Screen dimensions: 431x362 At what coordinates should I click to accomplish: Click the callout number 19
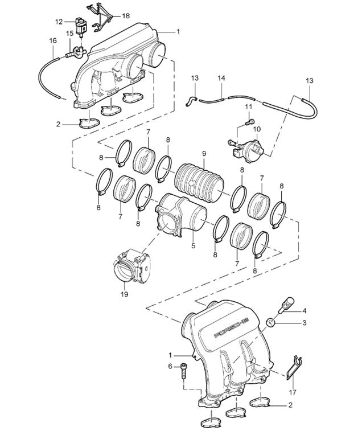[x=124, y=294]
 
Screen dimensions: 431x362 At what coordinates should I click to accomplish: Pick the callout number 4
[x=305, y=310]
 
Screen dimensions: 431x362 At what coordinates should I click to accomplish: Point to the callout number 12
[x=59, y=22]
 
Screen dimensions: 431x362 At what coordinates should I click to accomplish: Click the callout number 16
[x=53, y=41]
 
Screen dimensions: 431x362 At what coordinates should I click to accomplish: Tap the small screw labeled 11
[x=249, y=121]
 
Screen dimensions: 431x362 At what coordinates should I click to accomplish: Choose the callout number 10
[x=257, y=129]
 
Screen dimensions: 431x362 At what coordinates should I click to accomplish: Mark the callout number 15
[x=69, y=34]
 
